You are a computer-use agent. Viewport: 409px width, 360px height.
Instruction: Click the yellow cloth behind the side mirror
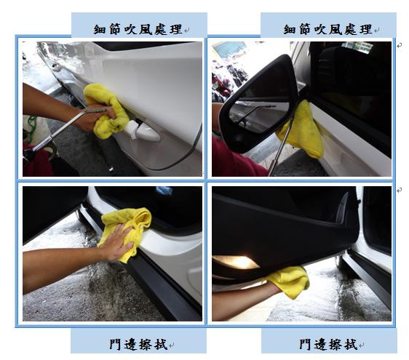pos(303,130)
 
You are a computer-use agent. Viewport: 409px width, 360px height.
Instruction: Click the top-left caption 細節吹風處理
pos(138,29)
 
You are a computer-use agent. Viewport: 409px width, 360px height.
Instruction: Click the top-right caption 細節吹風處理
pos(327,29)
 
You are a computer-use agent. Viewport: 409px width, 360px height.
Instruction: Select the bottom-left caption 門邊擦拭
pos(138,344)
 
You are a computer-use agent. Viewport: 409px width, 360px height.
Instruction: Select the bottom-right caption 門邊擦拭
pos(328,344)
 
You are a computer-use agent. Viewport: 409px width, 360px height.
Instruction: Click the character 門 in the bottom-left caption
pos(115,344)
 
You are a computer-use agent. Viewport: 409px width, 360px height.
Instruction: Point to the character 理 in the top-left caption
pos(176,29)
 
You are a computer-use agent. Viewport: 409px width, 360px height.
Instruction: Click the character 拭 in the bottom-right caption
pos(351,344)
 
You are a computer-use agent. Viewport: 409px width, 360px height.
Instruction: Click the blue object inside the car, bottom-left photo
pos(164,191)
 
